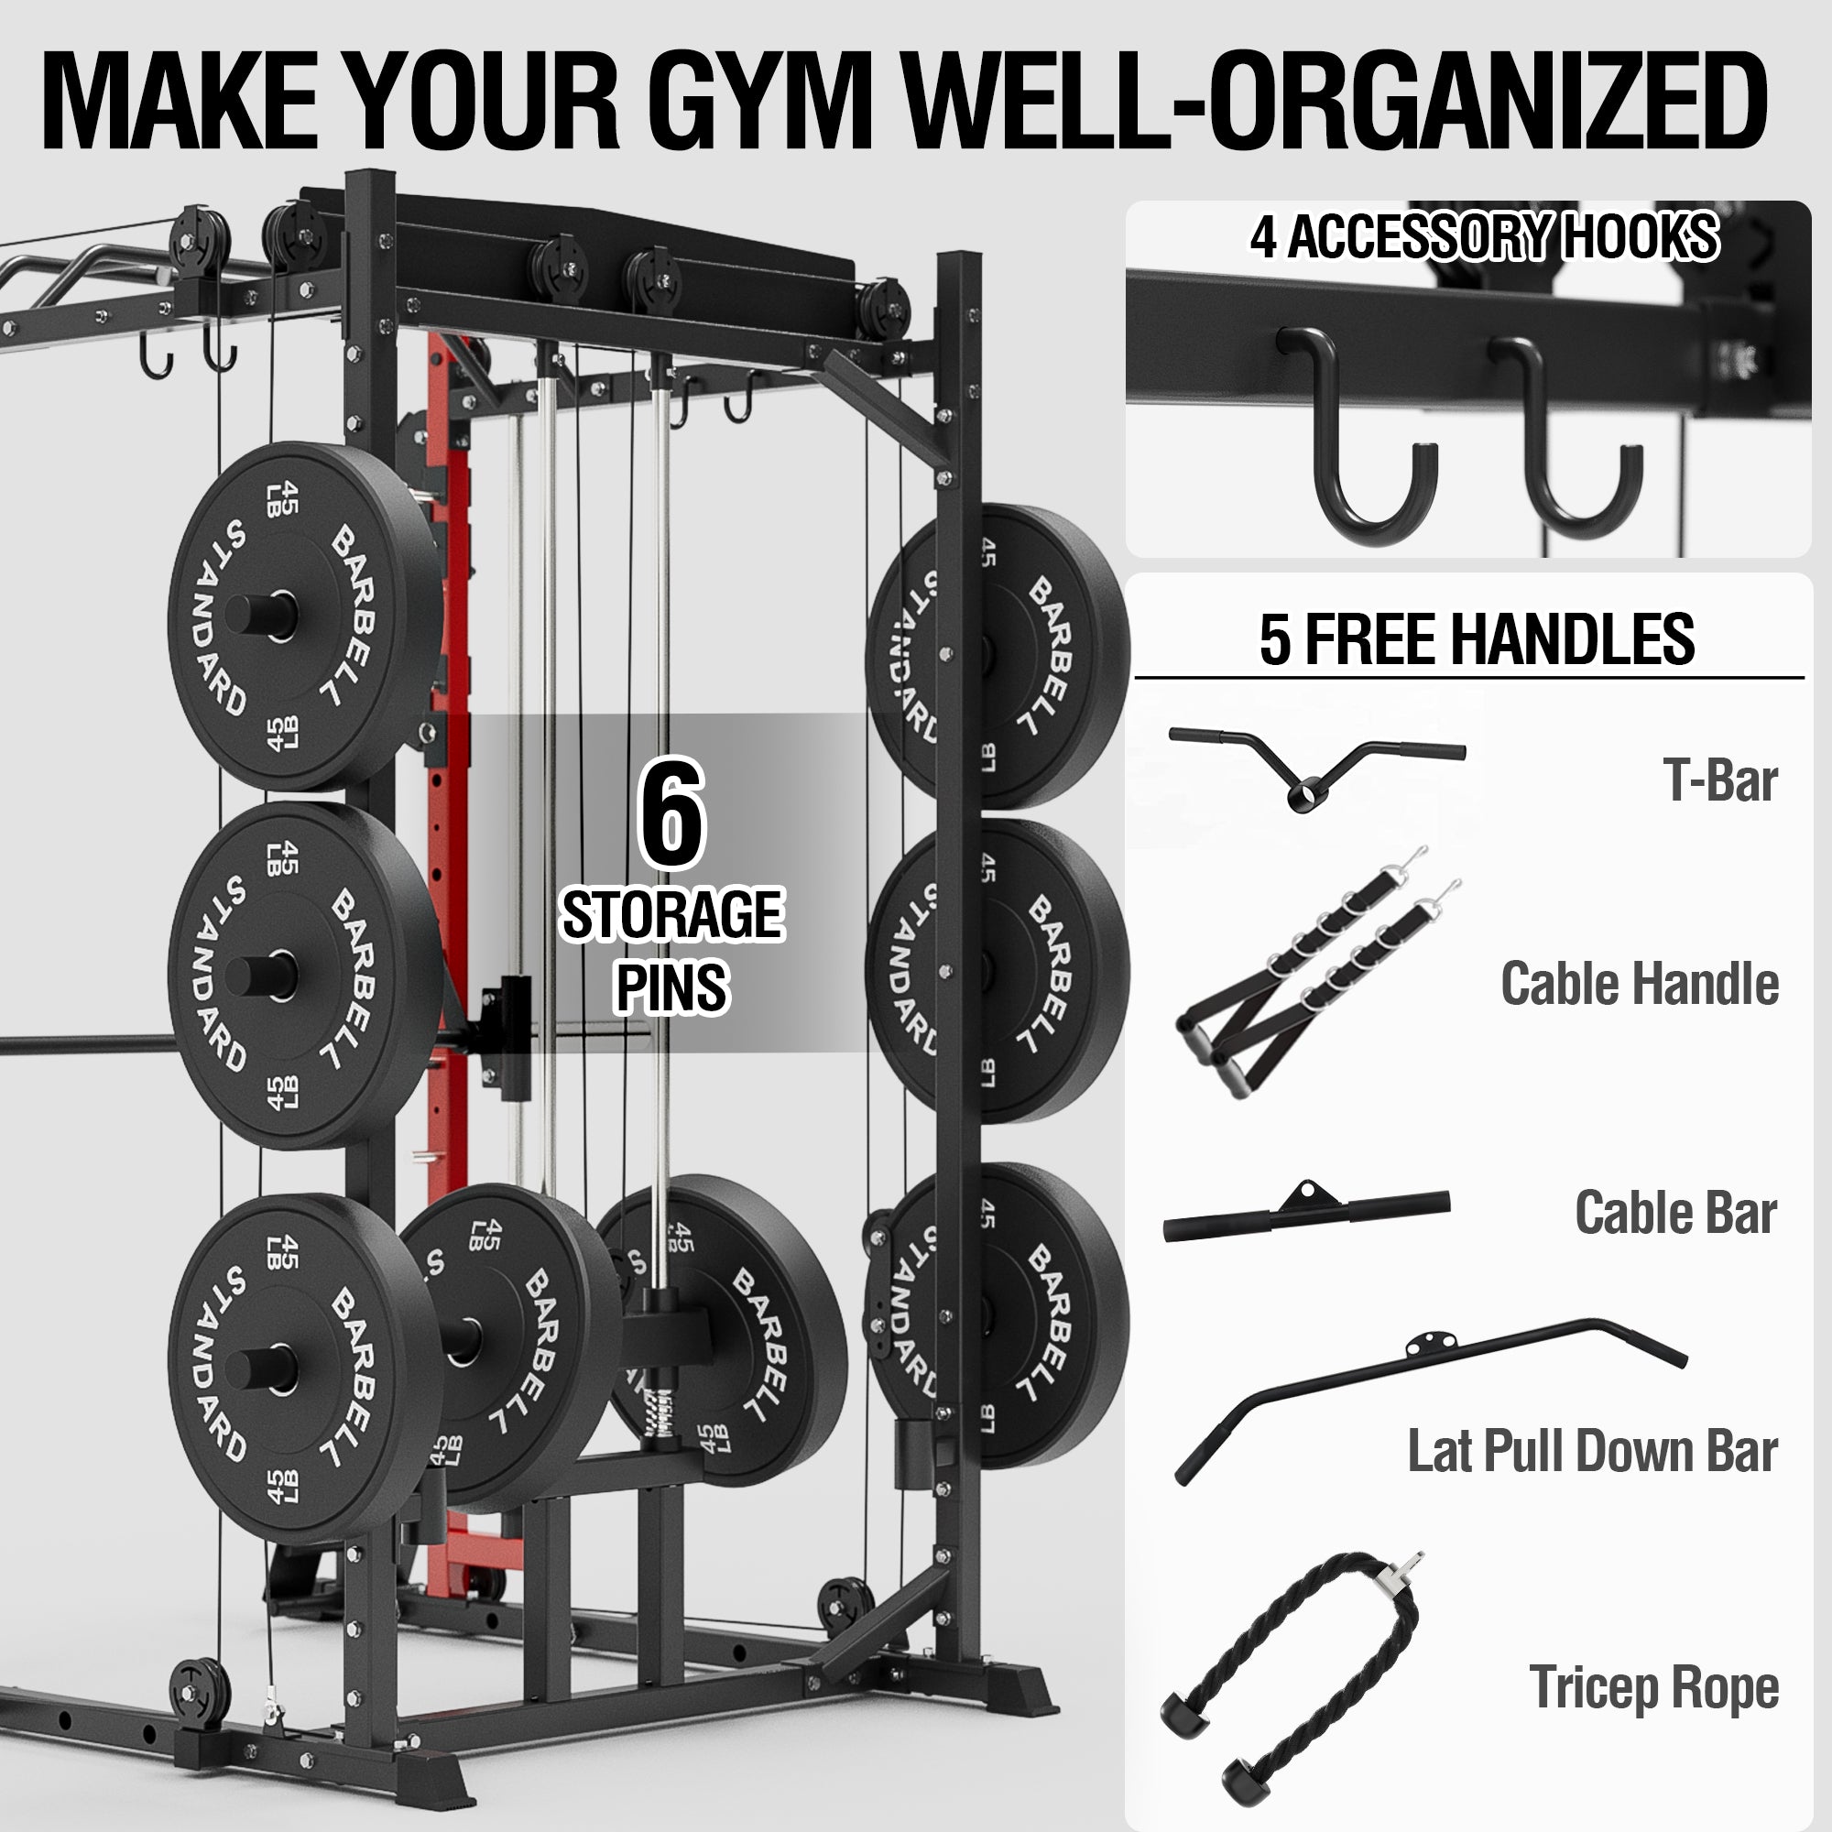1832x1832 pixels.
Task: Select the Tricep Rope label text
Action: pyautogui.click(x=1653, y=1687)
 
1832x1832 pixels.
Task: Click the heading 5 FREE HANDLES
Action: pyautogui.click(x=1477, y=639)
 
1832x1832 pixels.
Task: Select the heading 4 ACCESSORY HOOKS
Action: pyautogui.click(x=1484, y=236)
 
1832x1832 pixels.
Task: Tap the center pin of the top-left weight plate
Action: pyautogui.click(x=262, y=615)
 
